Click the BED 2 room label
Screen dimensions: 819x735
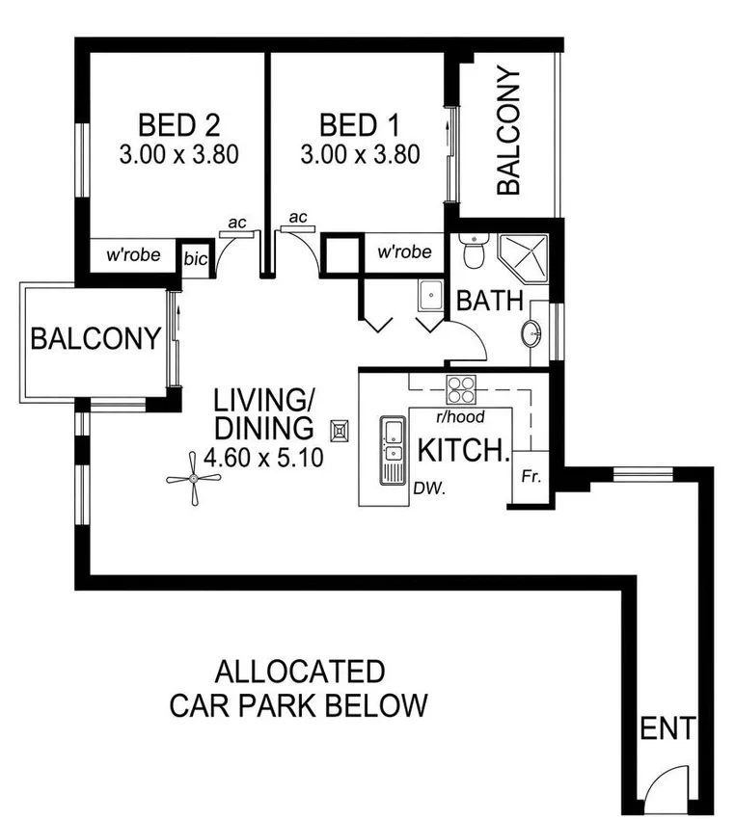point(179,125)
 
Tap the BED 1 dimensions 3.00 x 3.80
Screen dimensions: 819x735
point(360,154)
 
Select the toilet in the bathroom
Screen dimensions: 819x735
point(473,251)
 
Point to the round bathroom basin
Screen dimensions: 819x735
point(531,333)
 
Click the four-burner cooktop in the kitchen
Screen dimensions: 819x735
point(461,389)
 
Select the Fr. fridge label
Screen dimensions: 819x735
point(530,477)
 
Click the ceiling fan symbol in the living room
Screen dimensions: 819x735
point(194,479)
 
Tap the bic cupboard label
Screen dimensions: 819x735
point(196,259)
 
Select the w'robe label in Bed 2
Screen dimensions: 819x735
point(133,257)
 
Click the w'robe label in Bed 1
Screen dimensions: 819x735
point(403,252)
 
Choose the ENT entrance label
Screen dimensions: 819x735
point(667,729)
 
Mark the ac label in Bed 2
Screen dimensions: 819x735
point(235,224)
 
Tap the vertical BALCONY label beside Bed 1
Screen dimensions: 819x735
point(507,131)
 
